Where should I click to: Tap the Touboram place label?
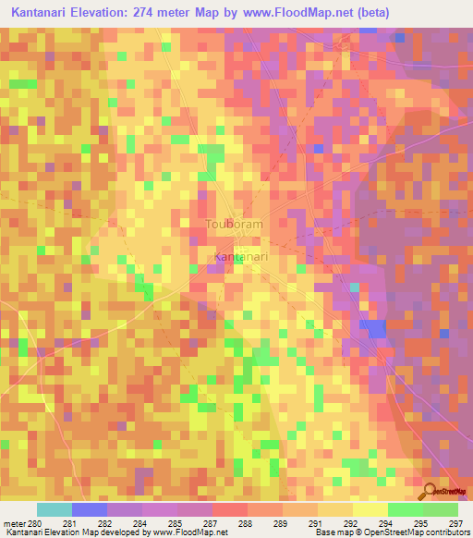(x=234, y=225)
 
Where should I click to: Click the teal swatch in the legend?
(x=55, y=509)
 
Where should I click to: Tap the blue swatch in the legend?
(x=90, y=509)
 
